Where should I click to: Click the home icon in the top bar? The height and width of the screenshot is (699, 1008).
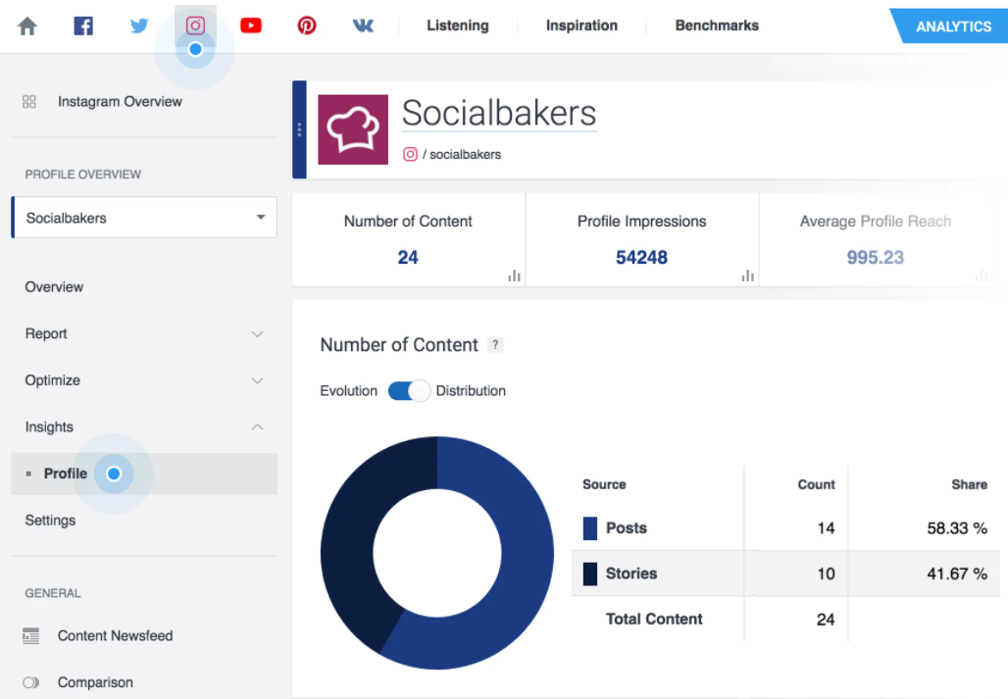27,26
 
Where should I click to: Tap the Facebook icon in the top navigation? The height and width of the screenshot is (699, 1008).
83,25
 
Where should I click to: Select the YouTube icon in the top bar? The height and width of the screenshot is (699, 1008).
251,25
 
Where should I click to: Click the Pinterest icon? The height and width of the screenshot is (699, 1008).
307,25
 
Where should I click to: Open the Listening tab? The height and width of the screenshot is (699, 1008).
457,25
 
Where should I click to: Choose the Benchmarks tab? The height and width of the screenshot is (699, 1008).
717,25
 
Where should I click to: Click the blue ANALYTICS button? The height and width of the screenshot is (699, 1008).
952,26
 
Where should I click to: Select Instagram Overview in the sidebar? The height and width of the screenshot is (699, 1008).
120,101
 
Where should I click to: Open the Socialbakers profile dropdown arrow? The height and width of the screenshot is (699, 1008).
261,218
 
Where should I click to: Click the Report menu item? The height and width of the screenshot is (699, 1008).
46,333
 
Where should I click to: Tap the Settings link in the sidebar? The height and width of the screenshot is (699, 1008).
50,521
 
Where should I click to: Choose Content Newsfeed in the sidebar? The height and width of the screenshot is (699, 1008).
115,635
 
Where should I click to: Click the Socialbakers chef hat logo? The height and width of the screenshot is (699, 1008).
353,129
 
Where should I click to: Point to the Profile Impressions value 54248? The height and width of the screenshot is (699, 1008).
641,258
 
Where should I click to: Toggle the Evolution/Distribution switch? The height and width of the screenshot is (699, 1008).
409,391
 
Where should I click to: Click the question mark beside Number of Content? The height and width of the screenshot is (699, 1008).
496,345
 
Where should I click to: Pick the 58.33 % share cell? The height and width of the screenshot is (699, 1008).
956,528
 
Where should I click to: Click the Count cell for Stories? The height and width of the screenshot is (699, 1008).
826,574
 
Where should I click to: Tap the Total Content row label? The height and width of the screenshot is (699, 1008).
654,620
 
